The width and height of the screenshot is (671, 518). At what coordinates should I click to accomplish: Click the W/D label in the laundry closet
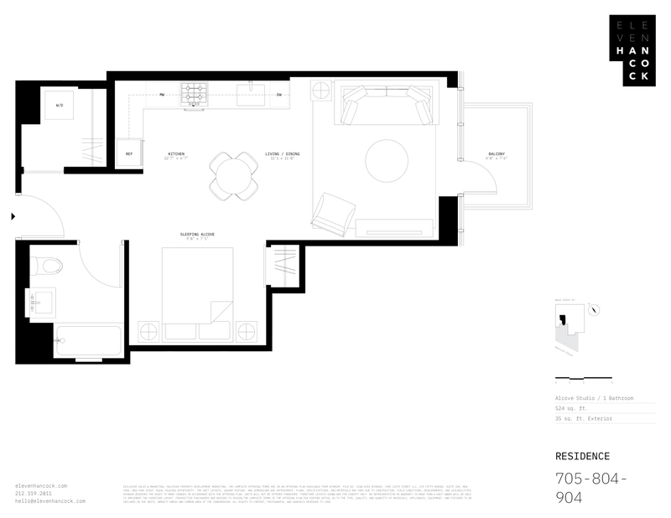click(60, 106)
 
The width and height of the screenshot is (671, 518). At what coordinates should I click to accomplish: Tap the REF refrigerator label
click(129, 154)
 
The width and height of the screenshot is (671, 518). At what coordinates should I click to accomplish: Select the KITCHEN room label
click(176, 154)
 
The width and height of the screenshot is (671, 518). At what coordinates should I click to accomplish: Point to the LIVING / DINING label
click(281, 154)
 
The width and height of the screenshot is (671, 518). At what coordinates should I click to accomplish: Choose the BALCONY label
click(497, 154)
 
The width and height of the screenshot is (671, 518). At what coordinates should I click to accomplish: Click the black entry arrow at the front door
click(12, 217)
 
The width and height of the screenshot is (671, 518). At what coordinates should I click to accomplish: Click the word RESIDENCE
click(583, 457)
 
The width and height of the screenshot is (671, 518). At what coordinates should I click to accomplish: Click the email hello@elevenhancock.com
click(51, 500)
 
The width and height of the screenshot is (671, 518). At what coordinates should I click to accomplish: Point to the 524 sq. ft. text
click(574, 407)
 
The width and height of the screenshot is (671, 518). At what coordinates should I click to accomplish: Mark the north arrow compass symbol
click(594, 308)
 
